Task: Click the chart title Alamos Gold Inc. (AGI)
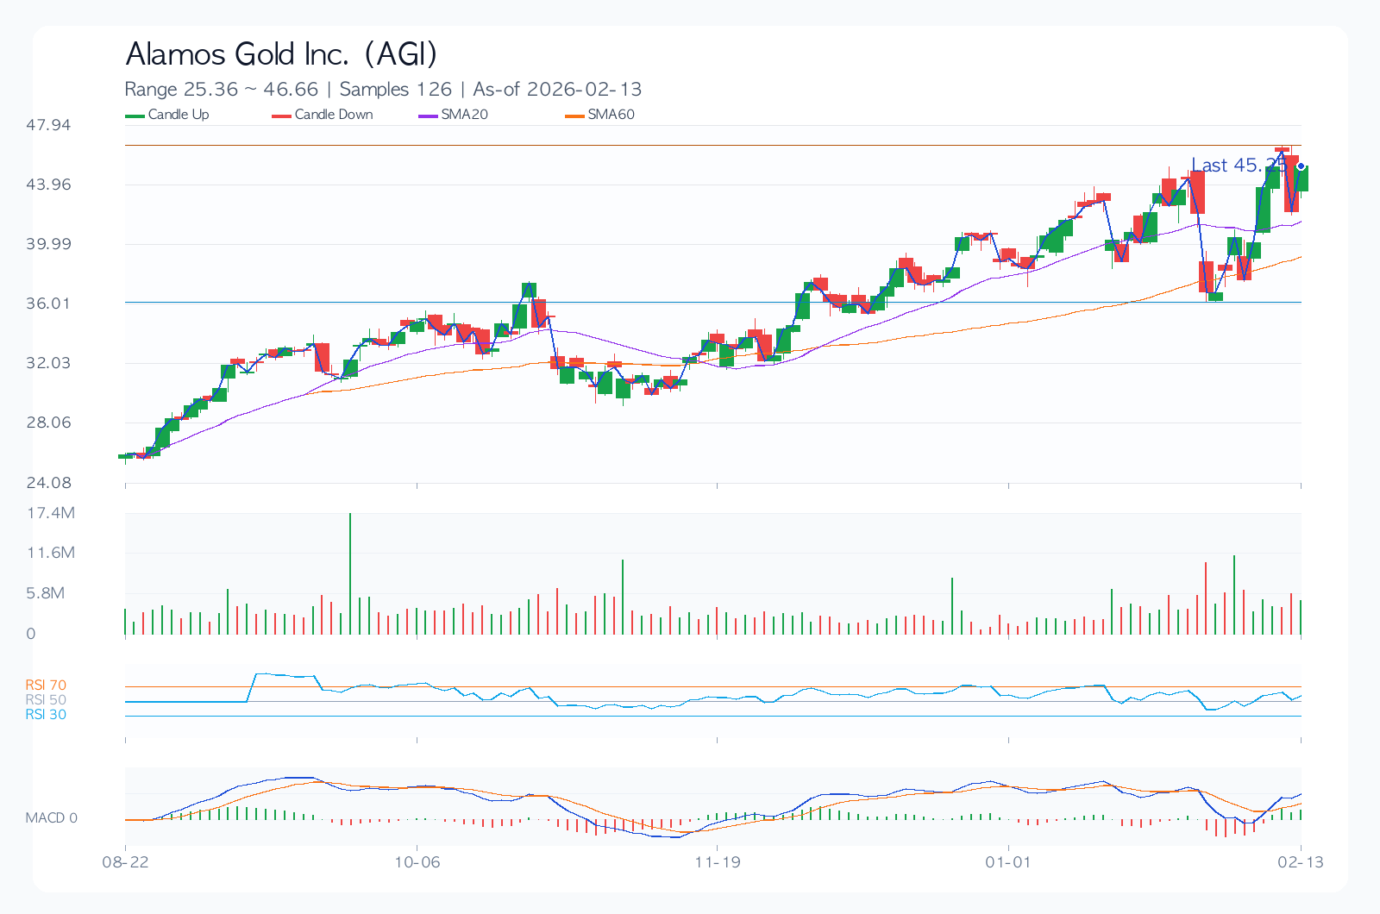click(281, 54)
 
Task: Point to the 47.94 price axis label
click(48, 125)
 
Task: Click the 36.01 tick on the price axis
click(48, 304)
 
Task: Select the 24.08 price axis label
click(48, 482)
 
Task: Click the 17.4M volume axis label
click(51, 513)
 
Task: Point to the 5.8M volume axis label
click(46, 593)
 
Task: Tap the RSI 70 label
click(46, 685)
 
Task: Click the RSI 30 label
click(46, 715)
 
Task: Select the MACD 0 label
click(52, 817)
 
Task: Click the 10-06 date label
click(417, 862)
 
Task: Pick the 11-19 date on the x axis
click(718, 862)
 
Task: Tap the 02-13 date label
click(1300, 862)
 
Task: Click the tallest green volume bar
click(350, 573)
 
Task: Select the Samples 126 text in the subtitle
click(396, 90)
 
